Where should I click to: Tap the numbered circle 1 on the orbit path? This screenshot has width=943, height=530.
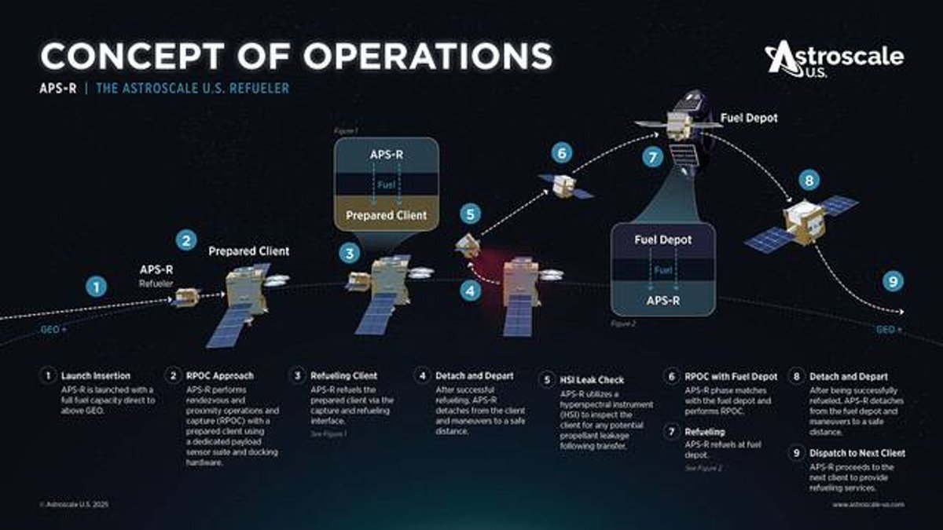(x=96, y=287)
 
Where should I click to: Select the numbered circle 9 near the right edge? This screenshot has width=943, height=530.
(x=892, y=281)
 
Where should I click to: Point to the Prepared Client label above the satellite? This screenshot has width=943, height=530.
(x=248, y=251)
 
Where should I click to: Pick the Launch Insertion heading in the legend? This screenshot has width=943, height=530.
(x=96, y=376)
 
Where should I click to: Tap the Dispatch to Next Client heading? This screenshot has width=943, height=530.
(x=847, y=453)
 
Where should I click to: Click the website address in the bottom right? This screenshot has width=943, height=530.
(x=868, y=504)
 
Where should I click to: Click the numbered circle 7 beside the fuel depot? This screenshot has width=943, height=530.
(x=652, y=156)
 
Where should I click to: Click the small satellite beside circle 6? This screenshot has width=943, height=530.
(x=564, y=185)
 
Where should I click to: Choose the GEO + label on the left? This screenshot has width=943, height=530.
(x=53, y=330)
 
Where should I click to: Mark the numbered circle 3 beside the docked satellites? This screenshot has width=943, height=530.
(x=350, y=254)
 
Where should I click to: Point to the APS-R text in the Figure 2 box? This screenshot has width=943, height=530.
(x=663, y=299)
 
